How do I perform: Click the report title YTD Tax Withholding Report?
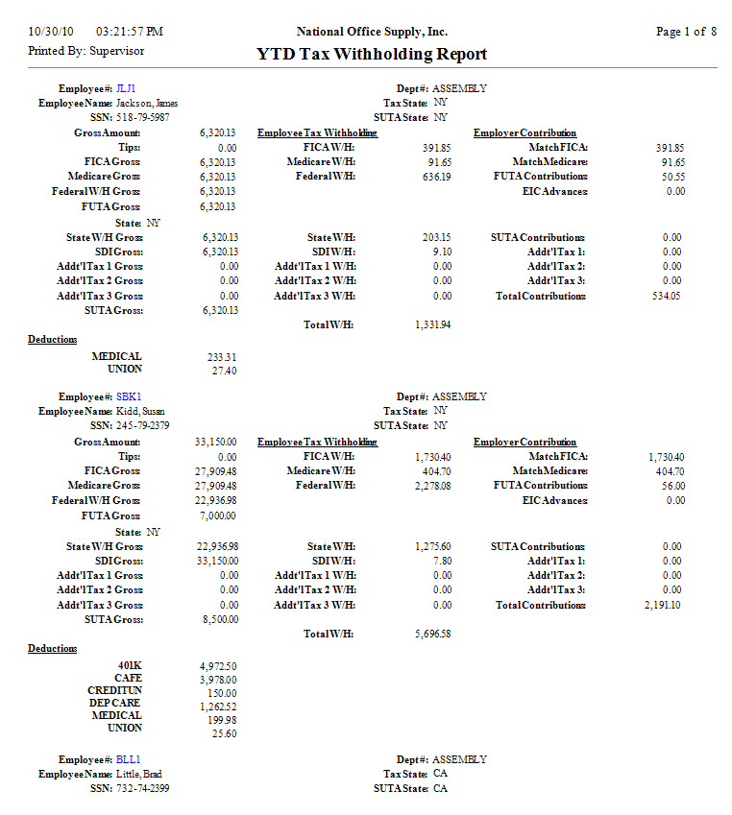pos(372,55)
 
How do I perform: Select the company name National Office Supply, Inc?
pos(372,32)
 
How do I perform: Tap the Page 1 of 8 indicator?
pos(686,32)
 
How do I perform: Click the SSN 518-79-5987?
pos(143,117)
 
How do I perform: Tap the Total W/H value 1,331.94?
pos(432,325)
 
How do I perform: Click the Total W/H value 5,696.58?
pos(432,635)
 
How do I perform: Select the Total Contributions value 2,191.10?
pos(663,606)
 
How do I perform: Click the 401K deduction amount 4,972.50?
pos(218,665)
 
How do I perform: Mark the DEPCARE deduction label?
pos(114,703)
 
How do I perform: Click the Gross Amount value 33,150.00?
pos(216,442)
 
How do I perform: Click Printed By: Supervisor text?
pos(86,51)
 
